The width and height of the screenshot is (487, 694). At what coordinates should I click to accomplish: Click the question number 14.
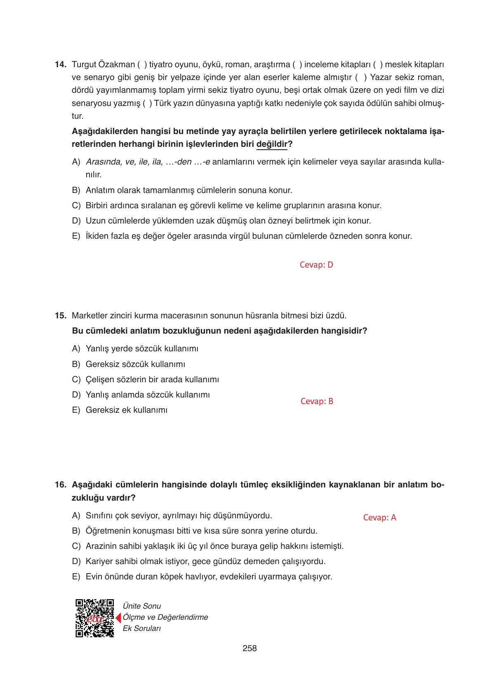(60, 65)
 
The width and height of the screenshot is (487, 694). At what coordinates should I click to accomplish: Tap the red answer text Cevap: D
(316, 265)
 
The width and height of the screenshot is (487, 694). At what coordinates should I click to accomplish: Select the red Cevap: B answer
(317, 402)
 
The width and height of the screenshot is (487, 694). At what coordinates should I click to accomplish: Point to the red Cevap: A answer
(379, 518)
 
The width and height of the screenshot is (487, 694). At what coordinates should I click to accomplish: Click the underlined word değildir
(271, 144)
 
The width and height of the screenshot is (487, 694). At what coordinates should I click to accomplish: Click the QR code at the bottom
(94, 618)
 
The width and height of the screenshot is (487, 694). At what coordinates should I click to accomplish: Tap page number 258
(249, 649)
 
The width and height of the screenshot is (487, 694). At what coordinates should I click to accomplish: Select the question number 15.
(60, 316)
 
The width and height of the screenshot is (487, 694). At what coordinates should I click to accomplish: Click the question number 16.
(60, 485)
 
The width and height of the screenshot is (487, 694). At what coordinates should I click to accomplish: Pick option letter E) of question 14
(76, 236)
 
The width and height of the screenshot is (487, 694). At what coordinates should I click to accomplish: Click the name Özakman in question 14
(117, 65)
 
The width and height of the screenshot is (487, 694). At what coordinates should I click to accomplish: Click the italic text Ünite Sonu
(142, 606)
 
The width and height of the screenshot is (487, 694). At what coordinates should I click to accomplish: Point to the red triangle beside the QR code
(118, 618)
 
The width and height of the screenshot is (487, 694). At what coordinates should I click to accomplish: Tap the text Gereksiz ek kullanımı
(126, 410)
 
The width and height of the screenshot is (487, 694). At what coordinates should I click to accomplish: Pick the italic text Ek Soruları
(141, 629)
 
